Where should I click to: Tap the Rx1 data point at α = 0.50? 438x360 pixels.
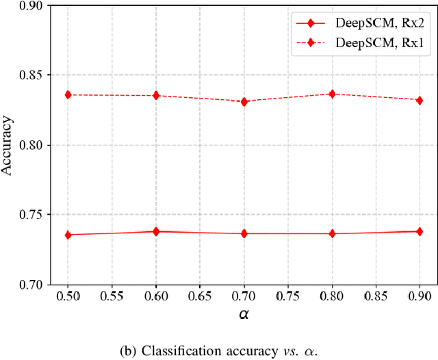coord(68,94)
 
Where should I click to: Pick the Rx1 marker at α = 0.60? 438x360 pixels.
coord(156,95)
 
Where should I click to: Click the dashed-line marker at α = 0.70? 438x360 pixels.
coord(244,101)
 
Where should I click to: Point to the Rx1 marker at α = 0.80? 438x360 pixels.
coord(332,94)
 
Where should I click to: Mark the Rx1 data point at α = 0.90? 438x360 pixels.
coord(420,100)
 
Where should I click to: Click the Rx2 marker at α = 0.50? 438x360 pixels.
coord(68,235)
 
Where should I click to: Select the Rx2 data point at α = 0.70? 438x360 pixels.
coord(244,233)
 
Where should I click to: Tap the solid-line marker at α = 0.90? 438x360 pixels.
coord(420,231)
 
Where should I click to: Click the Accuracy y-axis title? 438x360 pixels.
coord(8,144)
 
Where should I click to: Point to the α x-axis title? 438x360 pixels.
coord(244,314)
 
